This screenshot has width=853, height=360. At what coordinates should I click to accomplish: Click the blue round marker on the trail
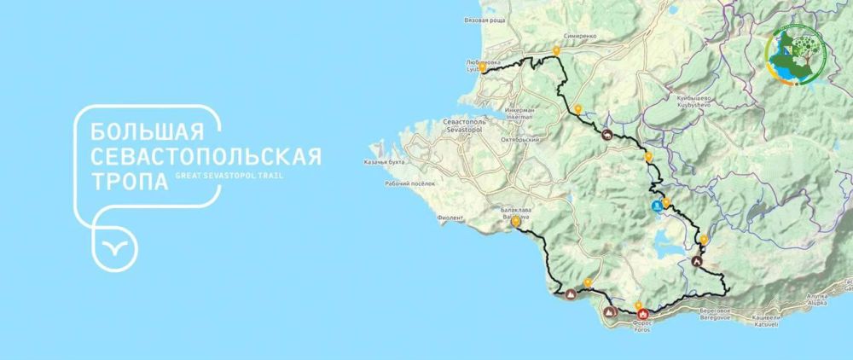656,206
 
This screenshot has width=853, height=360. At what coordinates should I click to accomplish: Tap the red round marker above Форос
641,314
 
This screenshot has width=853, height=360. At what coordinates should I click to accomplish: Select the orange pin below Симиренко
556,51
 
